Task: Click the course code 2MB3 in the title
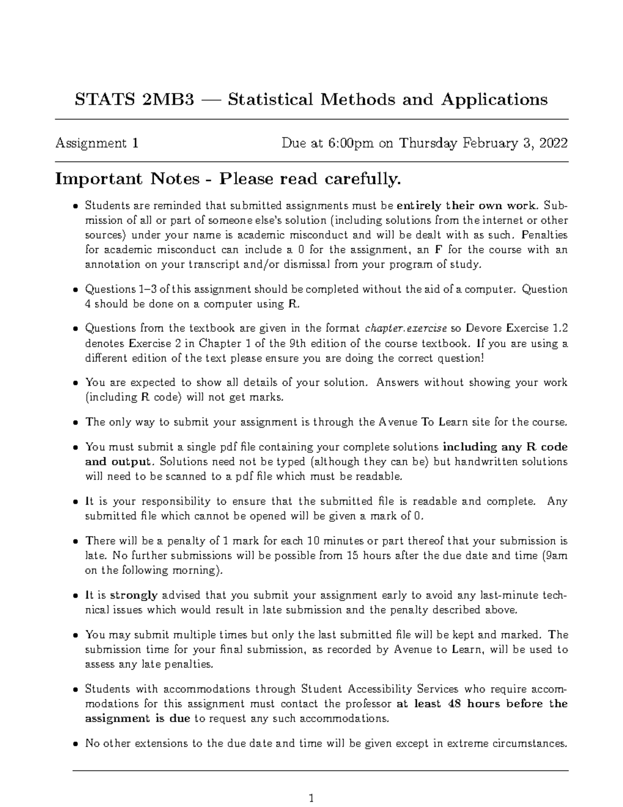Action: point(167,99)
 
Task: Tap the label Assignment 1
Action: point(97,143)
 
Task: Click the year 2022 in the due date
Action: point(553,143)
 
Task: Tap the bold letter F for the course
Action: point(437,250)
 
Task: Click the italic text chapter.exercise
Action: point(407,328)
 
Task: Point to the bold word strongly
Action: point(134,596)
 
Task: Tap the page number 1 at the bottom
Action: point(311,798)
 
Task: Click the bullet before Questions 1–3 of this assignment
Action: point(76,290)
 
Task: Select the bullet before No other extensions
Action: point(76,744)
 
